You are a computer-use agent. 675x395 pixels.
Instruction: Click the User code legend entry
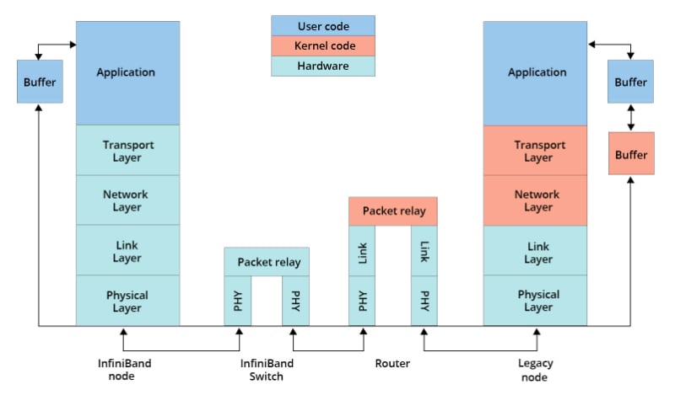pyautogui.click(x=322, y=25)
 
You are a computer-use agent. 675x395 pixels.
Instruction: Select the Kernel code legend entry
pyautogui.click(x=322, y=45)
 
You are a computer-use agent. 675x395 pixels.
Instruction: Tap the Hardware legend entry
pyautogui.click(x=322, y=66)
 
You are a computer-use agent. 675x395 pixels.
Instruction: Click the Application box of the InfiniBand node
pyautogui.click(x=127, y=72)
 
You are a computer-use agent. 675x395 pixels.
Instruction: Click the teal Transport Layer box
pyautogui.click(x=127, y=151)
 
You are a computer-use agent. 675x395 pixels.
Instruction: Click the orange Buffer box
pyautogui.click(x=631, y=154)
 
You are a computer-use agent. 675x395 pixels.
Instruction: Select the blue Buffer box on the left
pyautogui.click(x=40, y=82)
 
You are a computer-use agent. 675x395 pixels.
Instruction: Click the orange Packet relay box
pyautogui.click(x=393, y=211)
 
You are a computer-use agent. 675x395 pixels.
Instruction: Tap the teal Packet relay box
pyautogui.click(x=267, y=261)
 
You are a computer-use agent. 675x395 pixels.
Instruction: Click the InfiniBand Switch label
pyautogui.click(x=267, y=370)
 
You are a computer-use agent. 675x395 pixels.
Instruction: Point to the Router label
pyautogui.click(x=392, y=364)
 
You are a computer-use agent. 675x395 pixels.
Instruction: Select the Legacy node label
pyautogui.click(x=535, y=370)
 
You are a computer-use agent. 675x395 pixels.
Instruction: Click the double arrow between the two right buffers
pyautogui.click(x=631, y=118)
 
